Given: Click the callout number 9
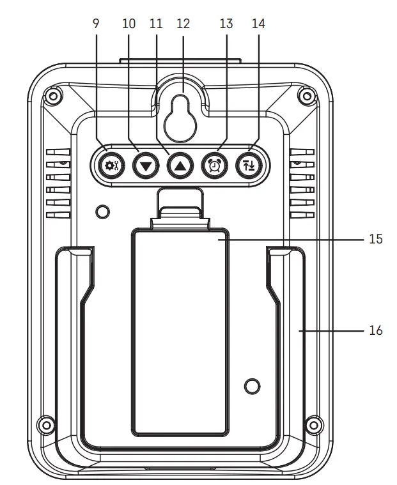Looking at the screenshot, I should [97, 24].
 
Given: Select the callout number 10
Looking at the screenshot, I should [128, 24].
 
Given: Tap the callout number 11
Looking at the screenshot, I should [156, 24].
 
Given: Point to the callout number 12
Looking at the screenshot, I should [183, 24].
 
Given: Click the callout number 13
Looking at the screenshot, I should [226, 24].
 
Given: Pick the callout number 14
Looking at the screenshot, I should [258, 24].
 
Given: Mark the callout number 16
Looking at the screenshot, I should [376, 330].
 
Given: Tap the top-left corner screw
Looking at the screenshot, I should [53, 96].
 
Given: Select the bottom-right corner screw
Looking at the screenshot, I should [313, 424].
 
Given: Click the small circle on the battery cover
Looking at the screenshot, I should [253, 385].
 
